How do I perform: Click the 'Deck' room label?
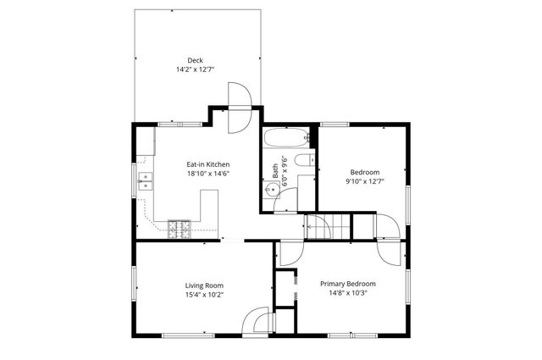coord(195,59)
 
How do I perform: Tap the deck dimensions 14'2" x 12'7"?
coord(195,69)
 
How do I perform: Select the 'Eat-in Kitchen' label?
coord(208,164)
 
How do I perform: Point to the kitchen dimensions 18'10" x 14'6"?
coord(208,174)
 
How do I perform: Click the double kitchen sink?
coord(146,180)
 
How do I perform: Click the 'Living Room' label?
coord(204,285)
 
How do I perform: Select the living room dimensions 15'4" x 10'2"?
coord(204,295)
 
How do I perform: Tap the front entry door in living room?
coord(256,322)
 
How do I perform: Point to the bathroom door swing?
coord(290,200)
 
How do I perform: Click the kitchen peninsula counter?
coord(209,210)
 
